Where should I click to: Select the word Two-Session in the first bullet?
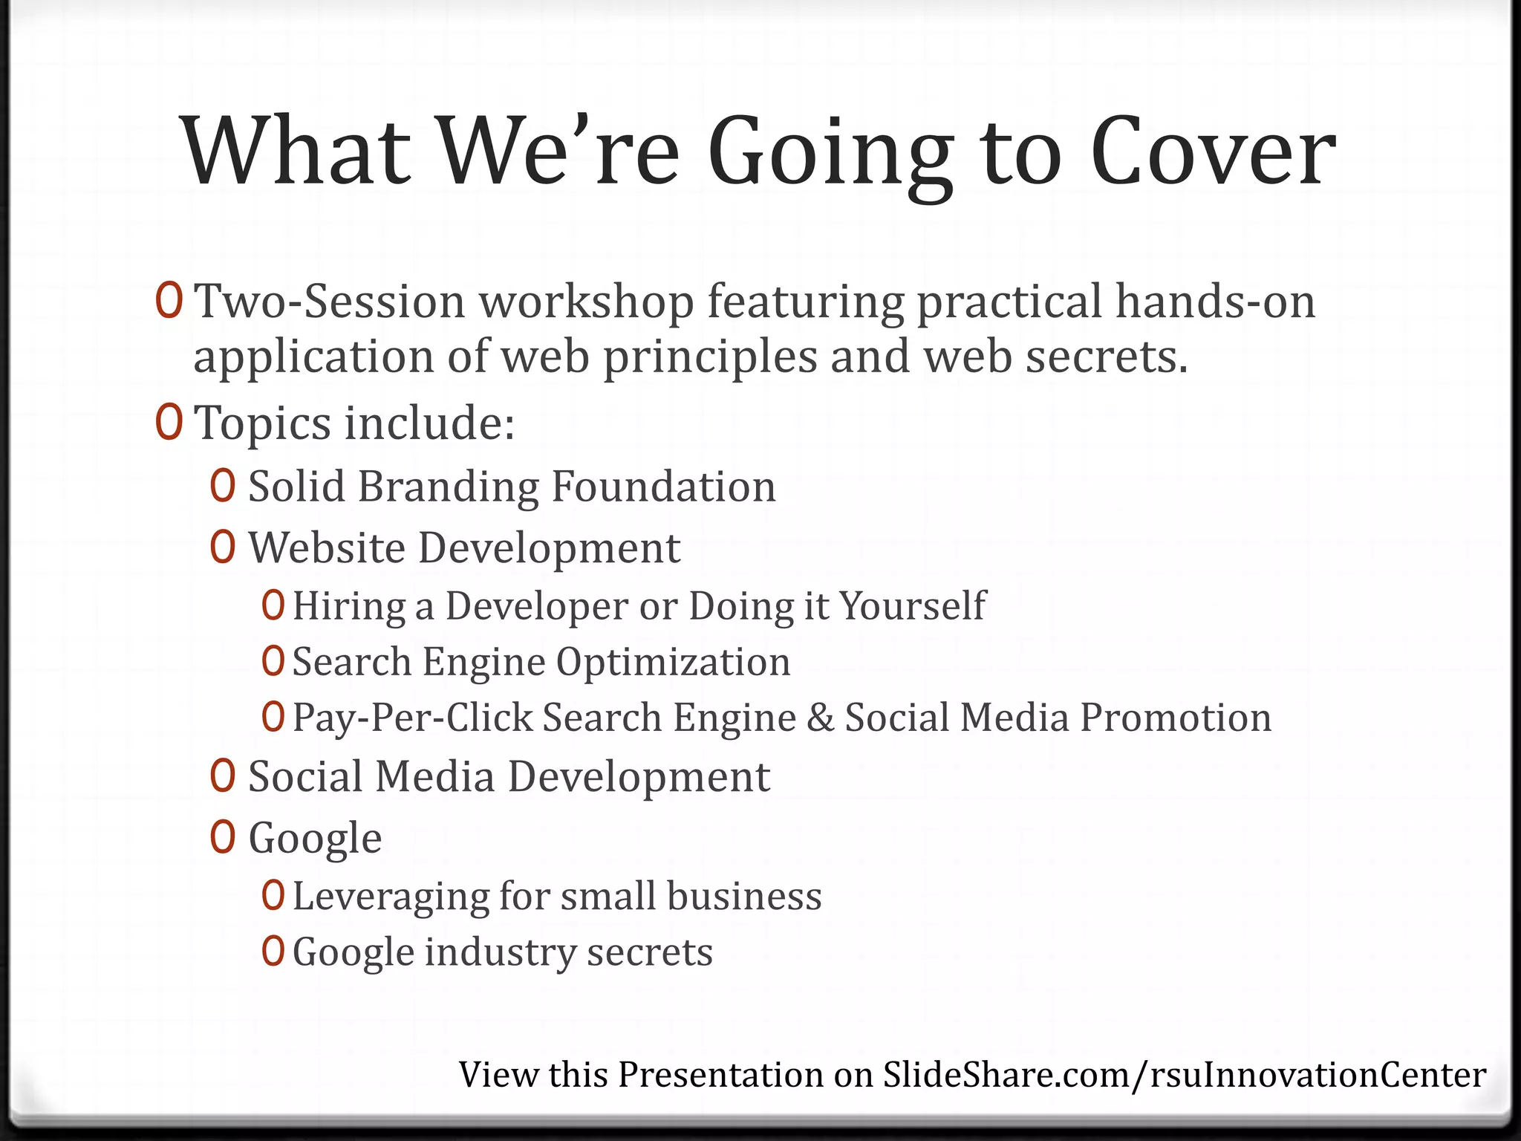(329, 302)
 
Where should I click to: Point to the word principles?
(709, 357)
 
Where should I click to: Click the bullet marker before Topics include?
(169, 422)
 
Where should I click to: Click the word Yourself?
(912, 605)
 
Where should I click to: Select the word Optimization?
(673, 661)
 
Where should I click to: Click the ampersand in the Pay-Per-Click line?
(820, 718)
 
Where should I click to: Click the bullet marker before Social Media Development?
(223, 776)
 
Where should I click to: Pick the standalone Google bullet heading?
(315, 838)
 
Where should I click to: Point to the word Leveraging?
(390, 896)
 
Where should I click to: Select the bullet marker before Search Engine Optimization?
(273, 661)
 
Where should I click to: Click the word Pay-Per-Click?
(413, 718)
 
